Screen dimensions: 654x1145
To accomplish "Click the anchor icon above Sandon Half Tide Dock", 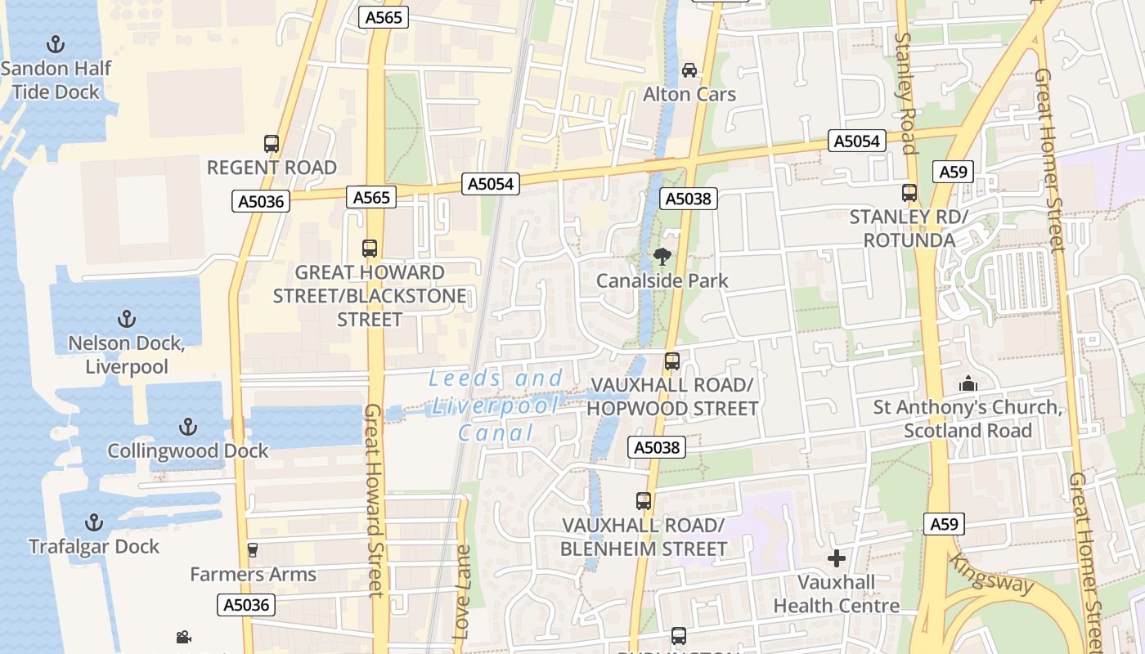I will click(56, 44).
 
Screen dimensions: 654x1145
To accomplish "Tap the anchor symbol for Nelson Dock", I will click(126, 319).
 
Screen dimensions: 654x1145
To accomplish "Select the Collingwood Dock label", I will click(188, 450).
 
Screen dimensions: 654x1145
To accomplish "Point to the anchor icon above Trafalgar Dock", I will click(94, 522).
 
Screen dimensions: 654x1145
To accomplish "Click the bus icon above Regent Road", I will click(272, 144).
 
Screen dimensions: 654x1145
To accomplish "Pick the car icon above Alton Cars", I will click(689, 70).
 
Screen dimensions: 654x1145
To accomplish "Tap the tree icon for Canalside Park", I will click(662, 257).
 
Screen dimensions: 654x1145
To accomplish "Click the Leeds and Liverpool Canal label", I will click(496, 405).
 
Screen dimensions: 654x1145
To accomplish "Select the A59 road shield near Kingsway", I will click(945, 524).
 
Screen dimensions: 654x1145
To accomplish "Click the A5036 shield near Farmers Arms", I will click(246, 605).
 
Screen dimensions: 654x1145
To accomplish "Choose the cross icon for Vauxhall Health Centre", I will click(836, 558).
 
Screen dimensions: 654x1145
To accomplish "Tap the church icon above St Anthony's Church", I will click(968, 383).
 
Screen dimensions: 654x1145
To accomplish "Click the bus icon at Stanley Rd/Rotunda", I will click(909, 193).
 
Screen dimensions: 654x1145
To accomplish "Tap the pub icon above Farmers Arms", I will click(252, 550).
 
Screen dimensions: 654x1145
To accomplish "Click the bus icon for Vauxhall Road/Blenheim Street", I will click(644, 501).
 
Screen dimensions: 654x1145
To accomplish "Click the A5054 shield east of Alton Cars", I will click(856, 141).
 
